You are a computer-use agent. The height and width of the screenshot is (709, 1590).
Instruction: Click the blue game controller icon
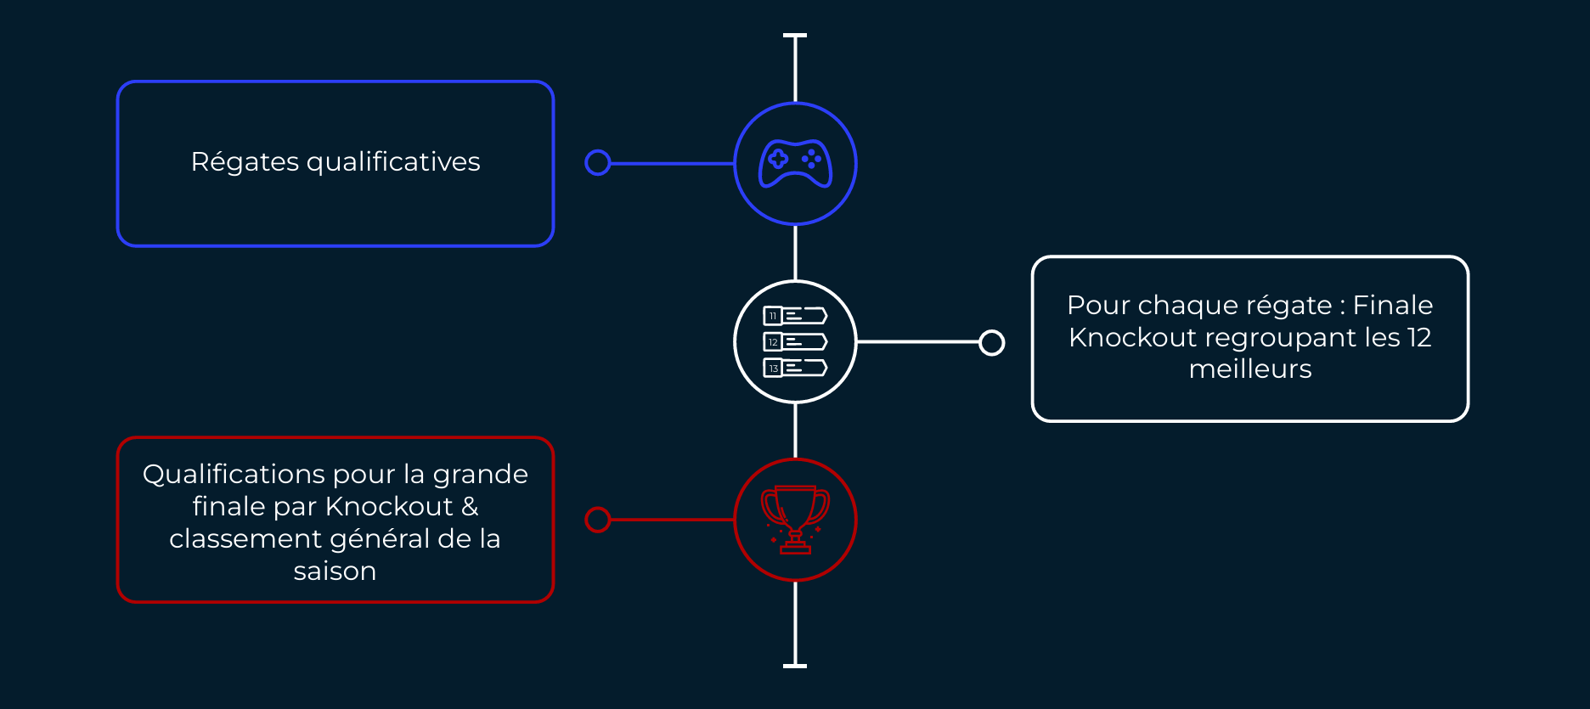coord(795,163)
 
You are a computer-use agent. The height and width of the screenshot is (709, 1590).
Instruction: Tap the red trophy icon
coord(795,520)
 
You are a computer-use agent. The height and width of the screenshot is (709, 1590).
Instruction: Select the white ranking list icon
coord(795,341)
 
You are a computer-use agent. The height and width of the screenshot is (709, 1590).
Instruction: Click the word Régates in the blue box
coord(245,162)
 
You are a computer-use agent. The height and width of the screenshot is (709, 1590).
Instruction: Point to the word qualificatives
coord(393,162)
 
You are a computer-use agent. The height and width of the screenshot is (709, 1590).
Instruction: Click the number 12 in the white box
coord(1418,337)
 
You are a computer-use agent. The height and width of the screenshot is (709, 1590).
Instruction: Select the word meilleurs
coord(1250,369)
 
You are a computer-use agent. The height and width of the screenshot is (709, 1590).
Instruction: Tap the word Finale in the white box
coord(1392,305)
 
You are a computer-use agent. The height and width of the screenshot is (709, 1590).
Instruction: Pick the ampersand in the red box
coord(470,507)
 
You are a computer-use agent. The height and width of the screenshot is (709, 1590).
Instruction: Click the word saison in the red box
coord(335,571)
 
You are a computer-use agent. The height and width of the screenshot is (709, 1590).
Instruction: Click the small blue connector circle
coord(598,163)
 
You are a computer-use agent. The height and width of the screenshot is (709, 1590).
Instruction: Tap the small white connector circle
coord(991,342)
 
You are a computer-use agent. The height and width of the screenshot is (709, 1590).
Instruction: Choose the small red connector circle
coord(598,520)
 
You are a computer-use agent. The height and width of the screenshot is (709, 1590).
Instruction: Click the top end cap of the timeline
coord(795,36)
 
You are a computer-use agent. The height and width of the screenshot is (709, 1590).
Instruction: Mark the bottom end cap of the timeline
coord(795,666)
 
